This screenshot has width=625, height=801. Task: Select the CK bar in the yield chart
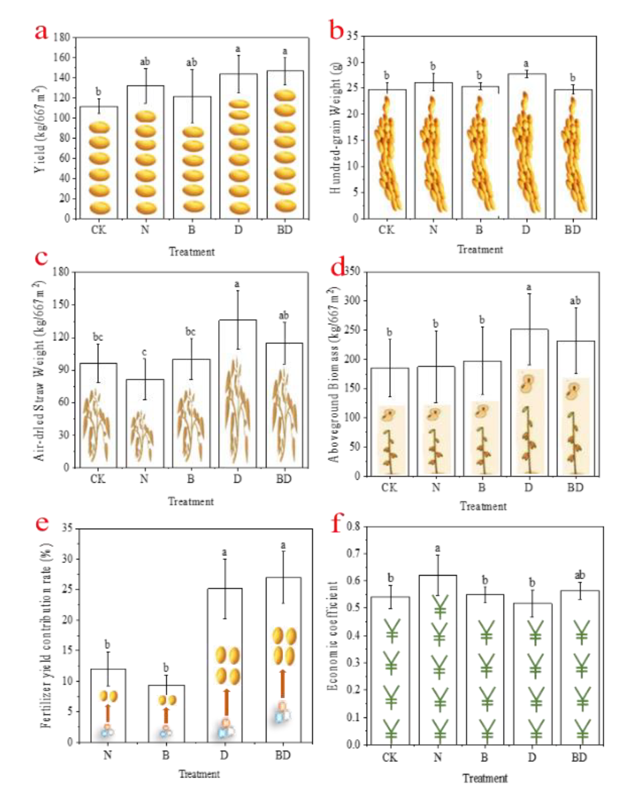point(99,162)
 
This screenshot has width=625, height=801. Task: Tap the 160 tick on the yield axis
point(62,58)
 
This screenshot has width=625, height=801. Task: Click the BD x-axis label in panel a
point(285,230)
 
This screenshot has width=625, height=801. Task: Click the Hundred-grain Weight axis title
point(335,128)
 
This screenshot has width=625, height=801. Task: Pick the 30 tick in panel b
point(352,62)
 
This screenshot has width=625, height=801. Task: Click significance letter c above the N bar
point(144,352)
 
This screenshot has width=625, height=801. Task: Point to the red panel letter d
point(337,268)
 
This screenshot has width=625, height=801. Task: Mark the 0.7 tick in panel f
point(353,553)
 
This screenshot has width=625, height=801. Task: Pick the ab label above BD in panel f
point(579,575)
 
